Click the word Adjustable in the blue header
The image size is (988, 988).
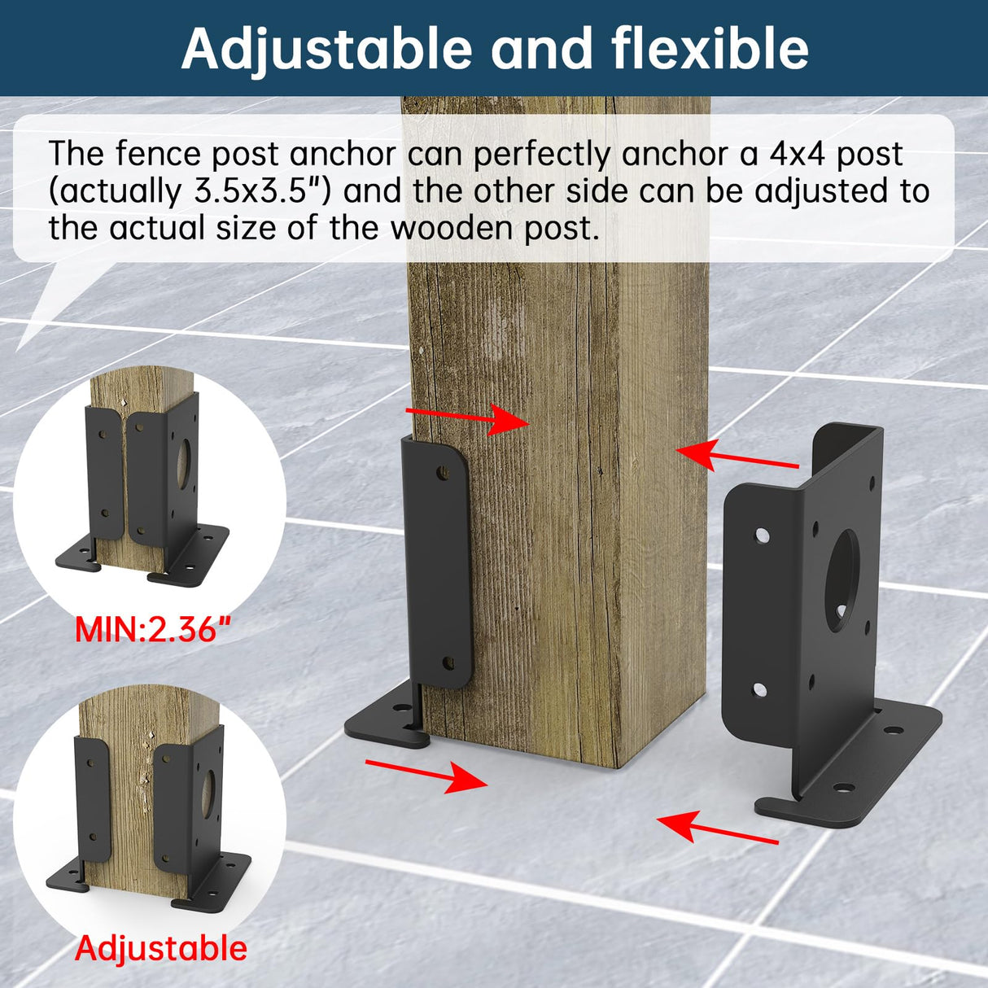tap(326, 49)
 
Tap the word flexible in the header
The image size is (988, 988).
tap(710, 49)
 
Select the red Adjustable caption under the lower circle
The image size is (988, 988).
tap(160, 949)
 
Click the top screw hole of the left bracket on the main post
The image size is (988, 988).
tap(442, 471)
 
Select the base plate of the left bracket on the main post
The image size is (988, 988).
tap(383, 720)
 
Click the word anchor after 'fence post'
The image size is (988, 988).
tap(343, 154)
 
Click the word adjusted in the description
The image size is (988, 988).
tap(819, 191)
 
